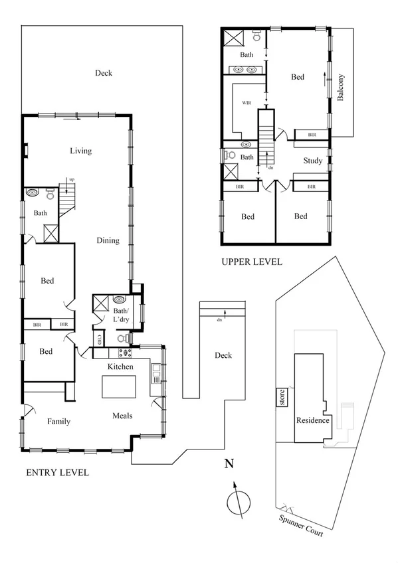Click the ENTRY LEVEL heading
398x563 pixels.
56,473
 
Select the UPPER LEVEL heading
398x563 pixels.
252,262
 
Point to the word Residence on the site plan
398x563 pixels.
312,420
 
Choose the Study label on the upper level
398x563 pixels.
312,161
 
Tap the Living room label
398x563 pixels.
80,151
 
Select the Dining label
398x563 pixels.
107,240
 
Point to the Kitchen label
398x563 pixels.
121,366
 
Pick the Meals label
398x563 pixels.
121,416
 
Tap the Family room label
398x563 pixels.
58,421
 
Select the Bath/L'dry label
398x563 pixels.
121,315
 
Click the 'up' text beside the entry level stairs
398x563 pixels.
72,179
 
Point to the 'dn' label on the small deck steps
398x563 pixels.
220,319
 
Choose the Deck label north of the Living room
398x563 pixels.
103,73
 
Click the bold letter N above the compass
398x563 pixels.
228,464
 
